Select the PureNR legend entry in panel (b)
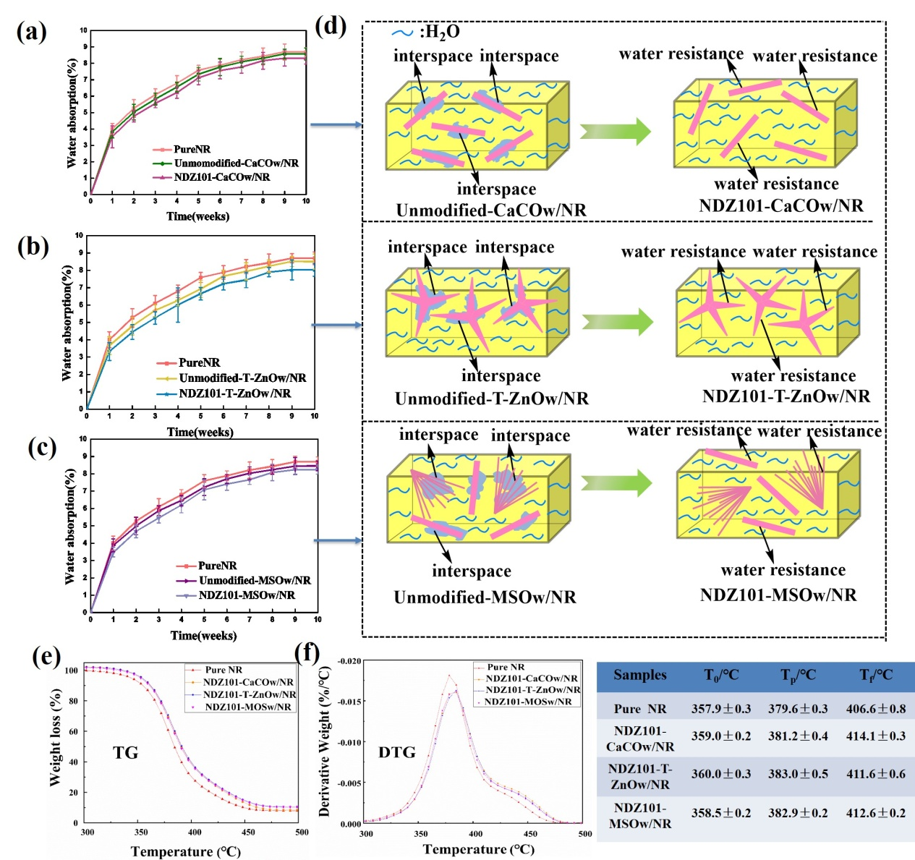(199, 362)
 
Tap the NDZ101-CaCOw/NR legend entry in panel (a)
(221, 177)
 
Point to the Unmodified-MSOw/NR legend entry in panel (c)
(255, 580)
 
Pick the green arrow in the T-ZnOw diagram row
(617, 321)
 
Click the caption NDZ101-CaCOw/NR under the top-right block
(781, 206)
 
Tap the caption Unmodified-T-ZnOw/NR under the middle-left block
(492, 399)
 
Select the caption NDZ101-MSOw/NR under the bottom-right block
(778, 595)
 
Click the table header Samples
(640, 675)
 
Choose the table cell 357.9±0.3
(721, 709)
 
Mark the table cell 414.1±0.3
(876, 736)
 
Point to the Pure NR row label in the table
(640, 709)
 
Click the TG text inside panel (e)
(125, 753)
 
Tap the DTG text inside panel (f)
(397, 752)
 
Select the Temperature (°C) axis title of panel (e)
(186, 851)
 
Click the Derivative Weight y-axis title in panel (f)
(325, 741)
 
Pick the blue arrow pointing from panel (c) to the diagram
(337, 540)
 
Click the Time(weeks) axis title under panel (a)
(197, 216)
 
